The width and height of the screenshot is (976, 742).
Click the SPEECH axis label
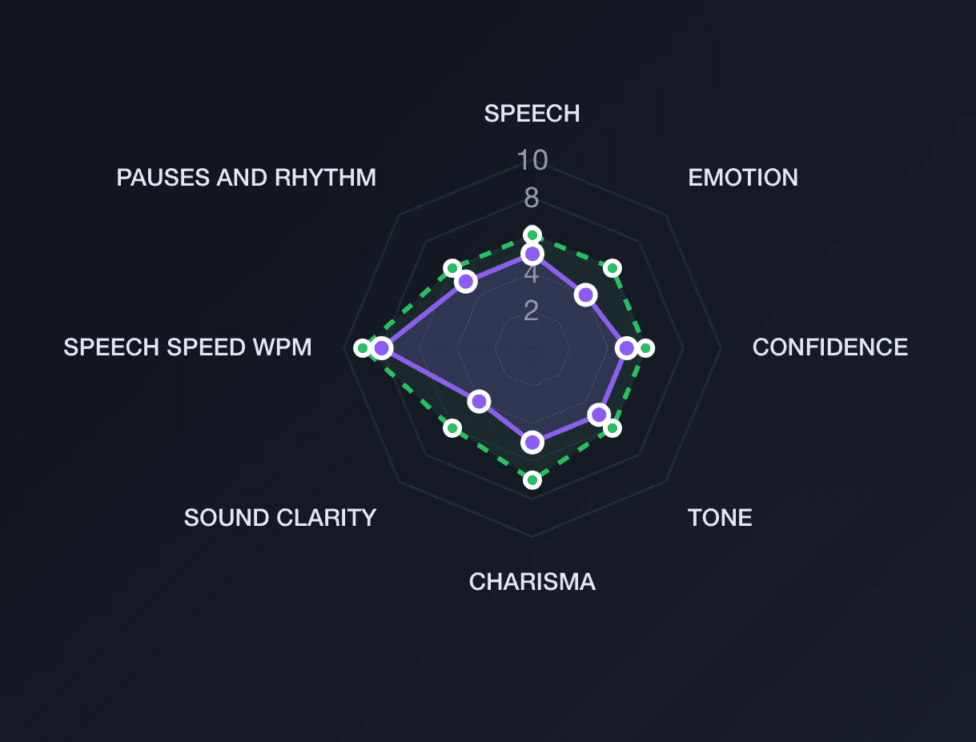[x=532, y=114]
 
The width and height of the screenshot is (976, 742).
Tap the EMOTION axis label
[x=743, y=177]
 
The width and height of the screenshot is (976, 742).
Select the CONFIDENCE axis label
[x=830, y=347]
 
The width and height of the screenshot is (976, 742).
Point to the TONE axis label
[x=720, y=518]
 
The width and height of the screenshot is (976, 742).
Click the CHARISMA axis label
[x=532, y=581]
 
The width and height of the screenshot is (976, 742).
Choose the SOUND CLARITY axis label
[x=280, y=518]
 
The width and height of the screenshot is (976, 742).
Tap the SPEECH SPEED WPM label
[x=187, y=347]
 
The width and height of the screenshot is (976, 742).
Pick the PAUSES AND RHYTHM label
[x=246, y=177]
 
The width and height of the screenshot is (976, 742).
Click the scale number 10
[x=532, y=161]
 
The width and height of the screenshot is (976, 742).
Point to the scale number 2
[x=532, y=311]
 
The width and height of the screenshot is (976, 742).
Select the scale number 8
[x=532, y=198]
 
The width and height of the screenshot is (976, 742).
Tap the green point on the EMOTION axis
[x=613, y=267]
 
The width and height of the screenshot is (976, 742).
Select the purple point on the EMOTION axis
[x=586, y=295]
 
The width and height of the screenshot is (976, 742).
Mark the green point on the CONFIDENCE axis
[x=645, y=348]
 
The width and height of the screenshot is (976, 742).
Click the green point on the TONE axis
[x=613, y=428]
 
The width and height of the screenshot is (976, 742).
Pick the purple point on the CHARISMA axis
[x=532, y=442]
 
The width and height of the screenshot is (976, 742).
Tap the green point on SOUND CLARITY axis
[x=452, y=428]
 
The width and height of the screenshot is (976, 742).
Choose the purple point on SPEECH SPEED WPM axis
[x=381, y=348]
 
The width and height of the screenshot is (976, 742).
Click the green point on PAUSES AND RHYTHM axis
[x=452, y=267]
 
